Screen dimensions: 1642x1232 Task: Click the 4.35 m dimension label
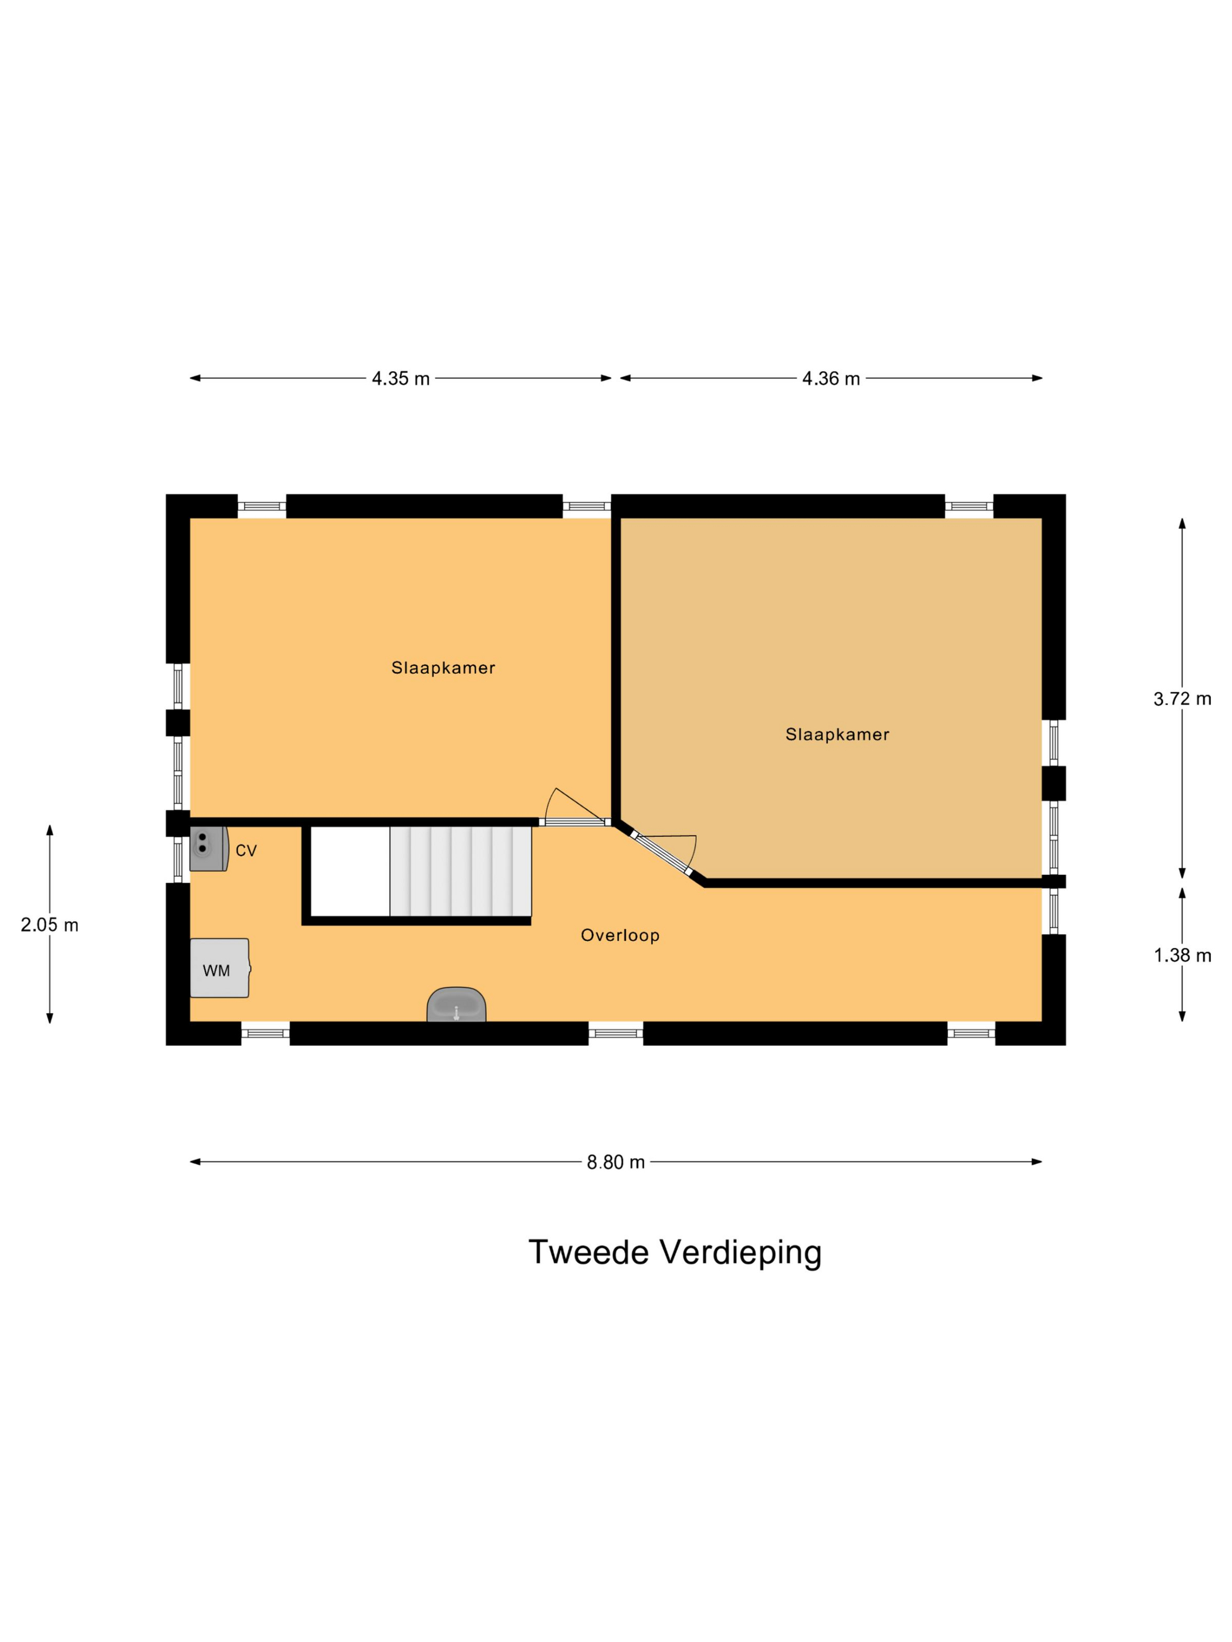point(400,379)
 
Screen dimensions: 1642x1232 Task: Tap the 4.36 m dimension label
point(830,379)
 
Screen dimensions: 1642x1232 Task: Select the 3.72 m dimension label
point(1182,698)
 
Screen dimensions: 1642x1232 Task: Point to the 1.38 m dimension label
point(1182,955)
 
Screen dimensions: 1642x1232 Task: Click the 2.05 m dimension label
point(50,925)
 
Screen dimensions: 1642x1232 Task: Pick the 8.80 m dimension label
point(615,1162)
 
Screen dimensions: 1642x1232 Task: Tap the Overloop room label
point(620,935)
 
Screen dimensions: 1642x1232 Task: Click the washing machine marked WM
point(219,968)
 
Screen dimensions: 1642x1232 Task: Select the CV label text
point(246,851)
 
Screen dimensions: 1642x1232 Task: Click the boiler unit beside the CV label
point(207,849)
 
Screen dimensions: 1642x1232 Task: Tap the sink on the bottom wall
point(456,1005)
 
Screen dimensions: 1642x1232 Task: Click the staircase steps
point(461,871)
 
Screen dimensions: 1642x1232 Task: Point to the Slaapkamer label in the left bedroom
point(442,668)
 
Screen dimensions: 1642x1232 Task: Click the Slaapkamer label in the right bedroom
point(837,735)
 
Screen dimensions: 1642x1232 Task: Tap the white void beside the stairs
point(350,871)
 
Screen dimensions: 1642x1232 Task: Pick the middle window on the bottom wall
point(615,1033)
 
